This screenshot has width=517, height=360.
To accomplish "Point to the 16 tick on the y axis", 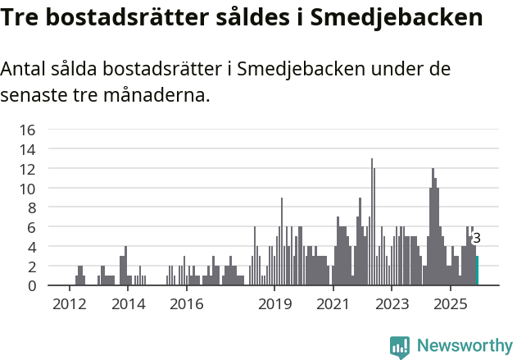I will pos(27,130).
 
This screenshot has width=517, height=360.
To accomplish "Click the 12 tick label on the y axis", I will pos(27,169).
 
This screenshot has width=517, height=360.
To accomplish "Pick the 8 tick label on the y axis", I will pos(31,207).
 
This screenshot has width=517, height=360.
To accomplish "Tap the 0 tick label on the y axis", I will pos(31,285).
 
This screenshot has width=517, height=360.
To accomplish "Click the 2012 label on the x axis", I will pos(69,304).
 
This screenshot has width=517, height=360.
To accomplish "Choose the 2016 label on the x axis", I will pos(186,304).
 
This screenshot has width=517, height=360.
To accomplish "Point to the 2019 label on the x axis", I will pos(274,304).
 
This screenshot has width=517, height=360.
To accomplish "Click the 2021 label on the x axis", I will pos(333,304).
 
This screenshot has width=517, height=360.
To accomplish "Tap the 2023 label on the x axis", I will pos(392,304).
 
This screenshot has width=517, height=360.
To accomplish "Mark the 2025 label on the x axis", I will pos(451,304).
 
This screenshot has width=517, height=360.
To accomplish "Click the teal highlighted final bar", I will pos(477,271).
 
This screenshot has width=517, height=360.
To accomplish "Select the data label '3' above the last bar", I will pos(477,239).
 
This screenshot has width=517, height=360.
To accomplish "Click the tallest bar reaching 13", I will pos(371,221).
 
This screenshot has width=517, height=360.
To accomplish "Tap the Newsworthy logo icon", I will pos(400,346).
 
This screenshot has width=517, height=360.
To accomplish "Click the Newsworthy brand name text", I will pos(464,346).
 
